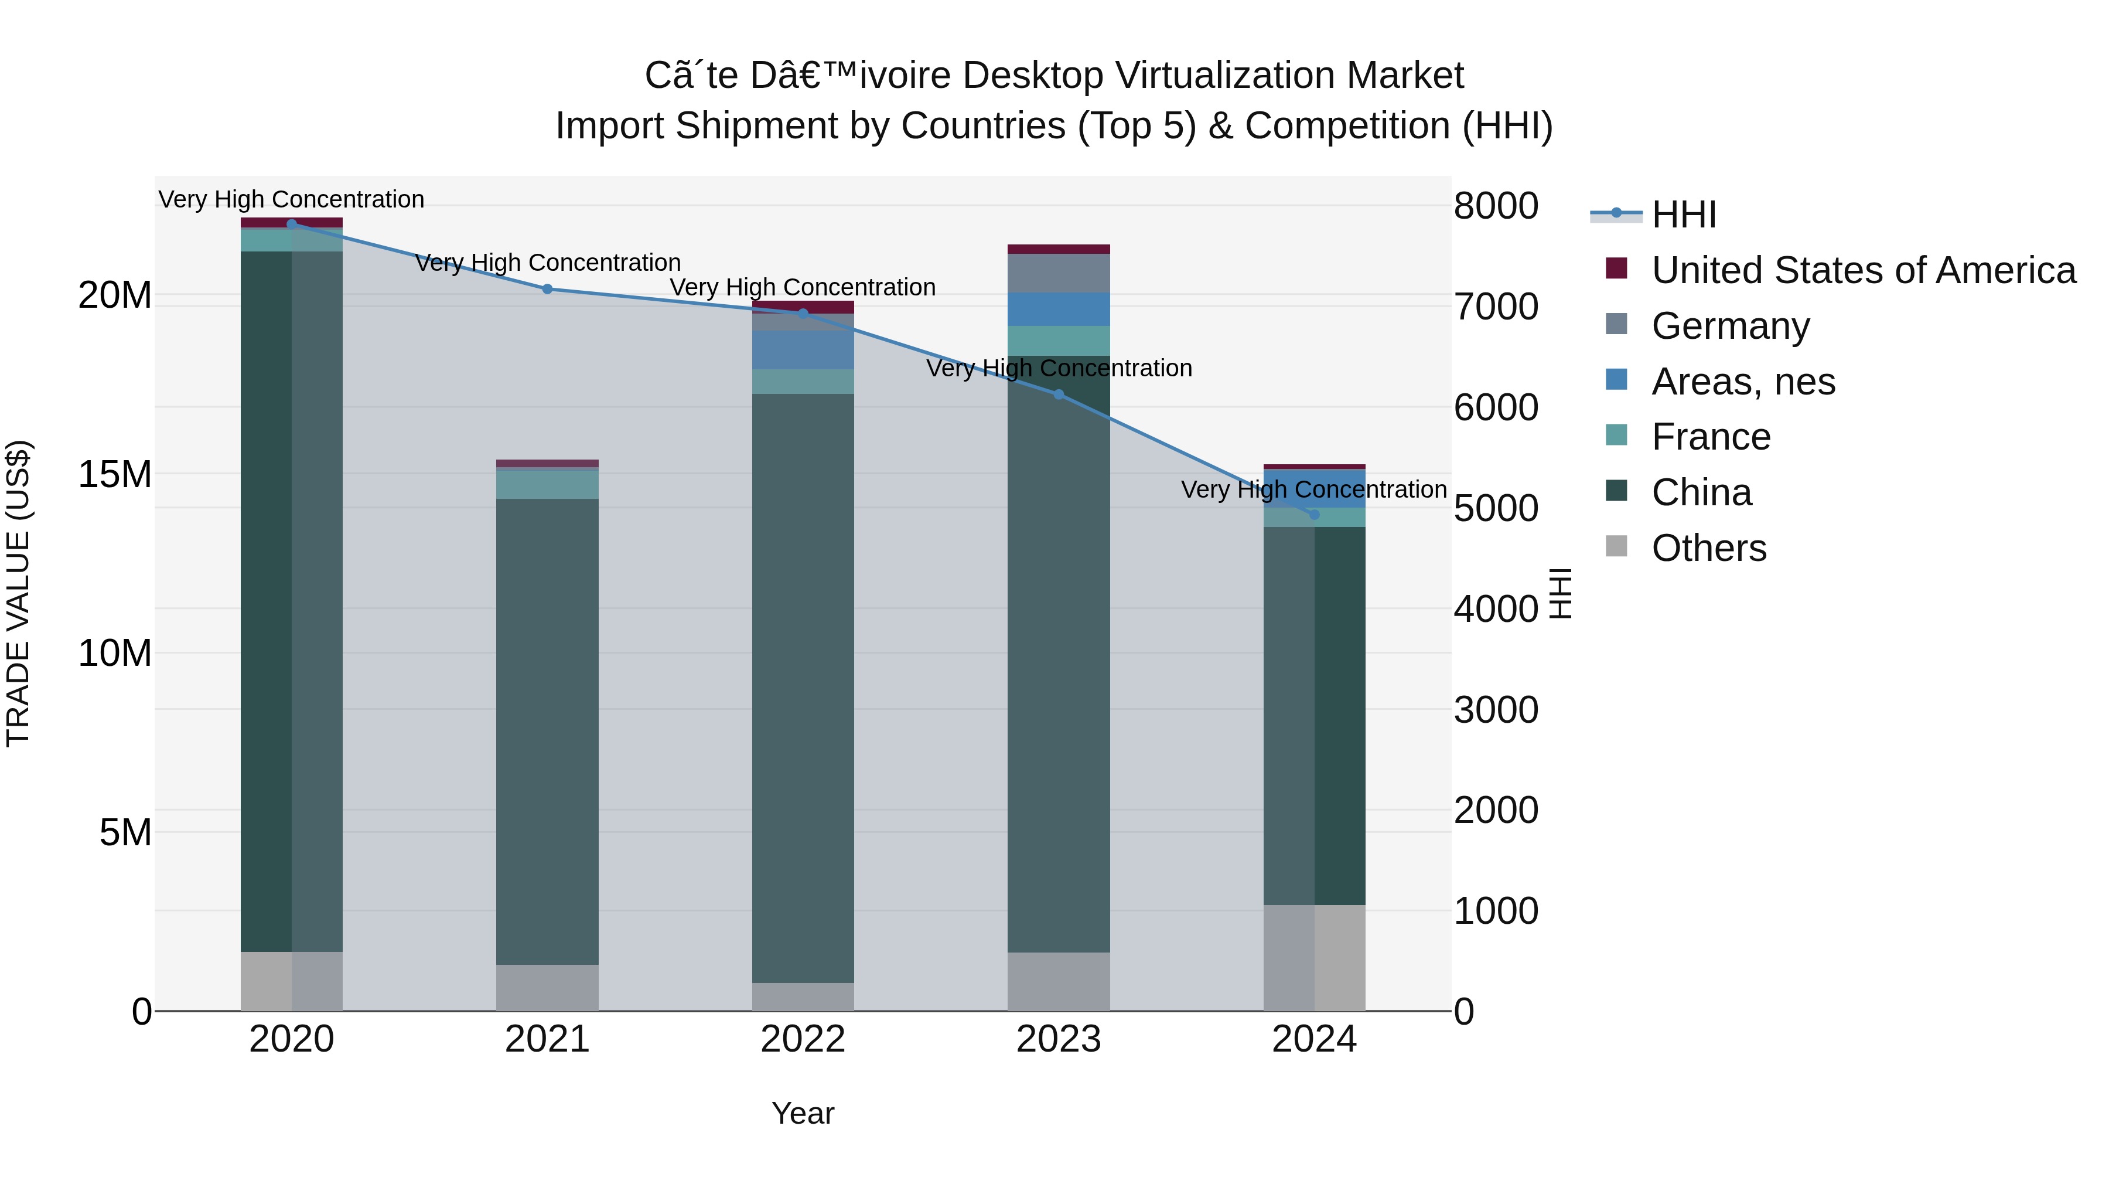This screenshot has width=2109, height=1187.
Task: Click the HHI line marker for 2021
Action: point(548,289)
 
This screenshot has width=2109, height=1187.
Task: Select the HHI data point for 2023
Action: point(1059,395)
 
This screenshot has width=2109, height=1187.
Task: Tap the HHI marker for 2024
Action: point(1314,515)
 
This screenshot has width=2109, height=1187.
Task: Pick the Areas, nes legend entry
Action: point(1743,382)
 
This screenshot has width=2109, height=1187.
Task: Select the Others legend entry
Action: point(1709,548)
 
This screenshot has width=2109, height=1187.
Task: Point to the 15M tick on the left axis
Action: point(115,474)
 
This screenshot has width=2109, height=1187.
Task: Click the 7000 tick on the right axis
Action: point(1495,307)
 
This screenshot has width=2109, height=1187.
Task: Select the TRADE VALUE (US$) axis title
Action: point(18,593)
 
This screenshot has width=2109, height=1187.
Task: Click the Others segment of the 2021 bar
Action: point(547,987)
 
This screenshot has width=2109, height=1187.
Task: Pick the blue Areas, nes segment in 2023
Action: point(1059,309)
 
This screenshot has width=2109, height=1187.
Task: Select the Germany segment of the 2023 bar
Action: point(1059,274)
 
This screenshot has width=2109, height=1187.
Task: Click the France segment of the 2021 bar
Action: point(547,484)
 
